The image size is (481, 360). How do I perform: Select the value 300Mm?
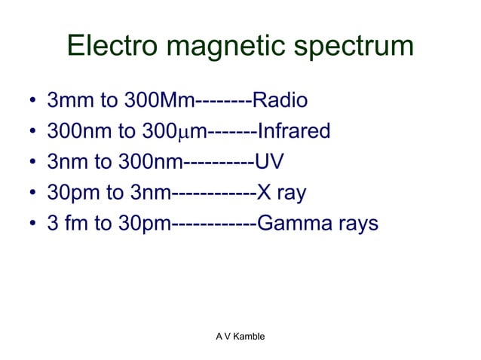158,101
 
